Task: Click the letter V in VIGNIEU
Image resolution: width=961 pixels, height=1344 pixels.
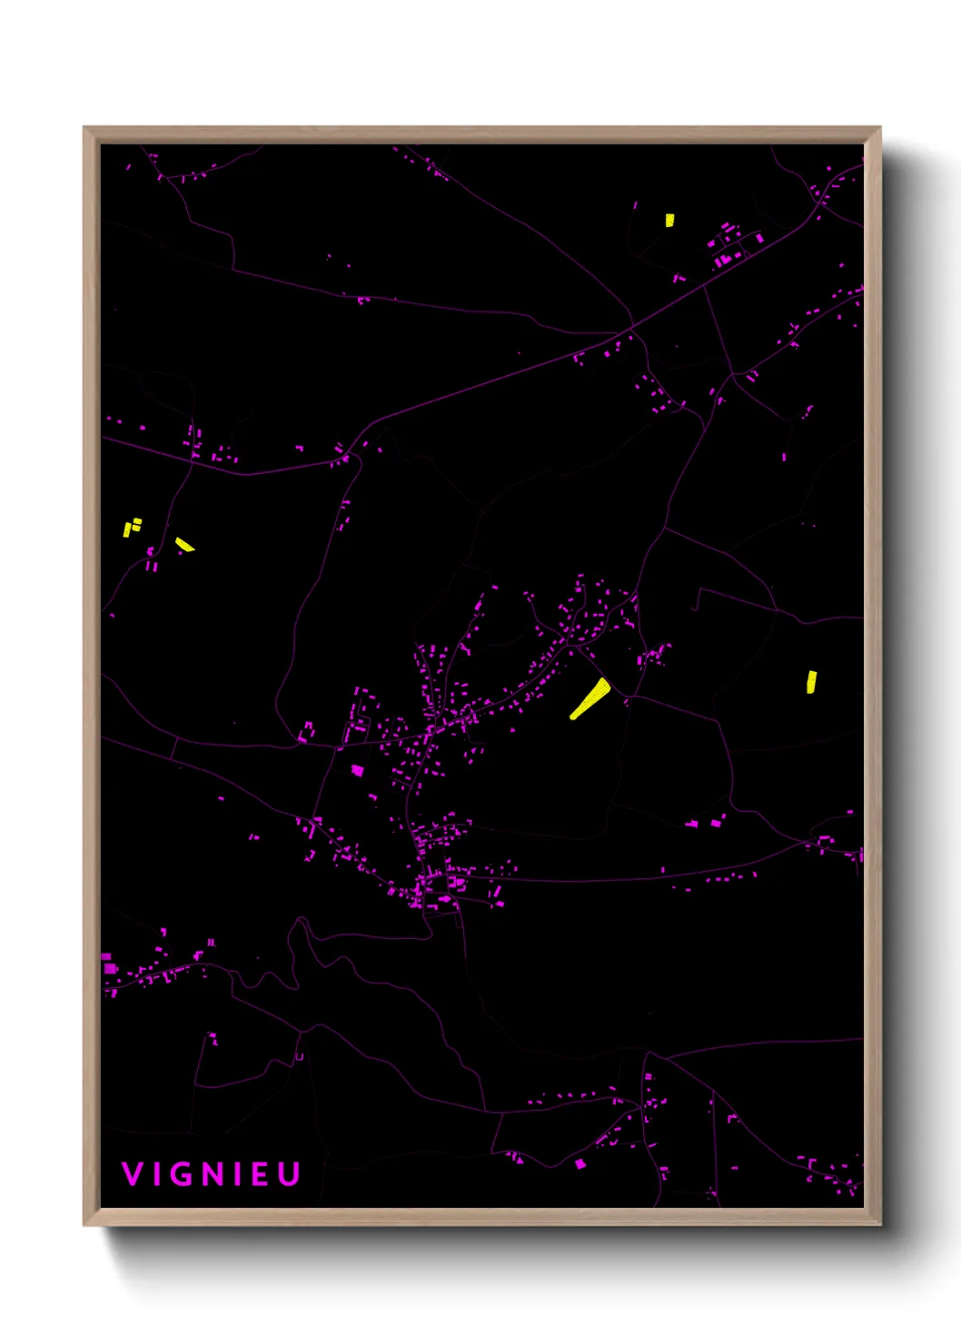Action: click(132, 1174)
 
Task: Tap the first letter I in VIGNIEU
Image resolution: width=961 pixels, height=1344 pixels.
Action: click(157, 1174)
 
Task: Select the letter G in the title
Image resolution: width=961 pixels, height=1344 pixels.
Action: click(183, 1174)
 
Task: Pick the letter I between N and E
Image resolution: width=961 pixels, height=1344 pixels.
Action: click(238, 1174)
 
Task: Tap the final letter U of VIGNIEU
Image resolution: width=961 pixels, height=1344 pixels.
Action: click(289, 1174)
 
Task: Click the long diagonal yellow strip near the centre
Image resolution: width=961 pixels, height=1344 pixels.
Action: click(590, 697)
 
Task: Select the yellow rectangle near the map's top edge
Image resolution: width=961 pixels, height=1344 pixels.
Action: click(669, 220)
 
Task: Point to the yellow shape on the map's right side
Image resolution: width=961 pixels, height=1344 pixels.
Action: click(811, 682)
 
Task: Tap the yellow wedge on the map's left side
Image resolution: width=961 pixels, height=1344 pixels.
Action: click(184, 544)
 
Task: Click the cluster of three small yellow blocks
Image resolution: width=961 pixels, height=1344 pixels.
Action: click(132, 526)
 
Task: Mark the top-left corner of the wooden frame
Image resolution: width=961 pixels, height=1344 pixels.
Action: click(84, 128)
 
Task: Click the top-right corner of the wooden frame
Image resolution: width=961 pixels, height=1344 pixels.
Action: click(879, 128)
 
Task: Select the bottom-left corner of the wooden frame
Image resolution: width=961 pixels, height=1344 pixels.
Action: click(84, 1224)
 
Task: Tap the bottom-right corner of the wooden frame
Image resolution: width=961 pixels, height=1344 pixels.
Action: click(879, 1224)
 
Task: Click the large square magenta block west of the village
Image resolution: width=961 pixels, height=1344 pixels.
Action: click(357, 770)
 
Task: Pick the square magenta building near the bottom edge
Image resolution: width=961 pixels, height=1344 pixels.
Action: click(580, 1163)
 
